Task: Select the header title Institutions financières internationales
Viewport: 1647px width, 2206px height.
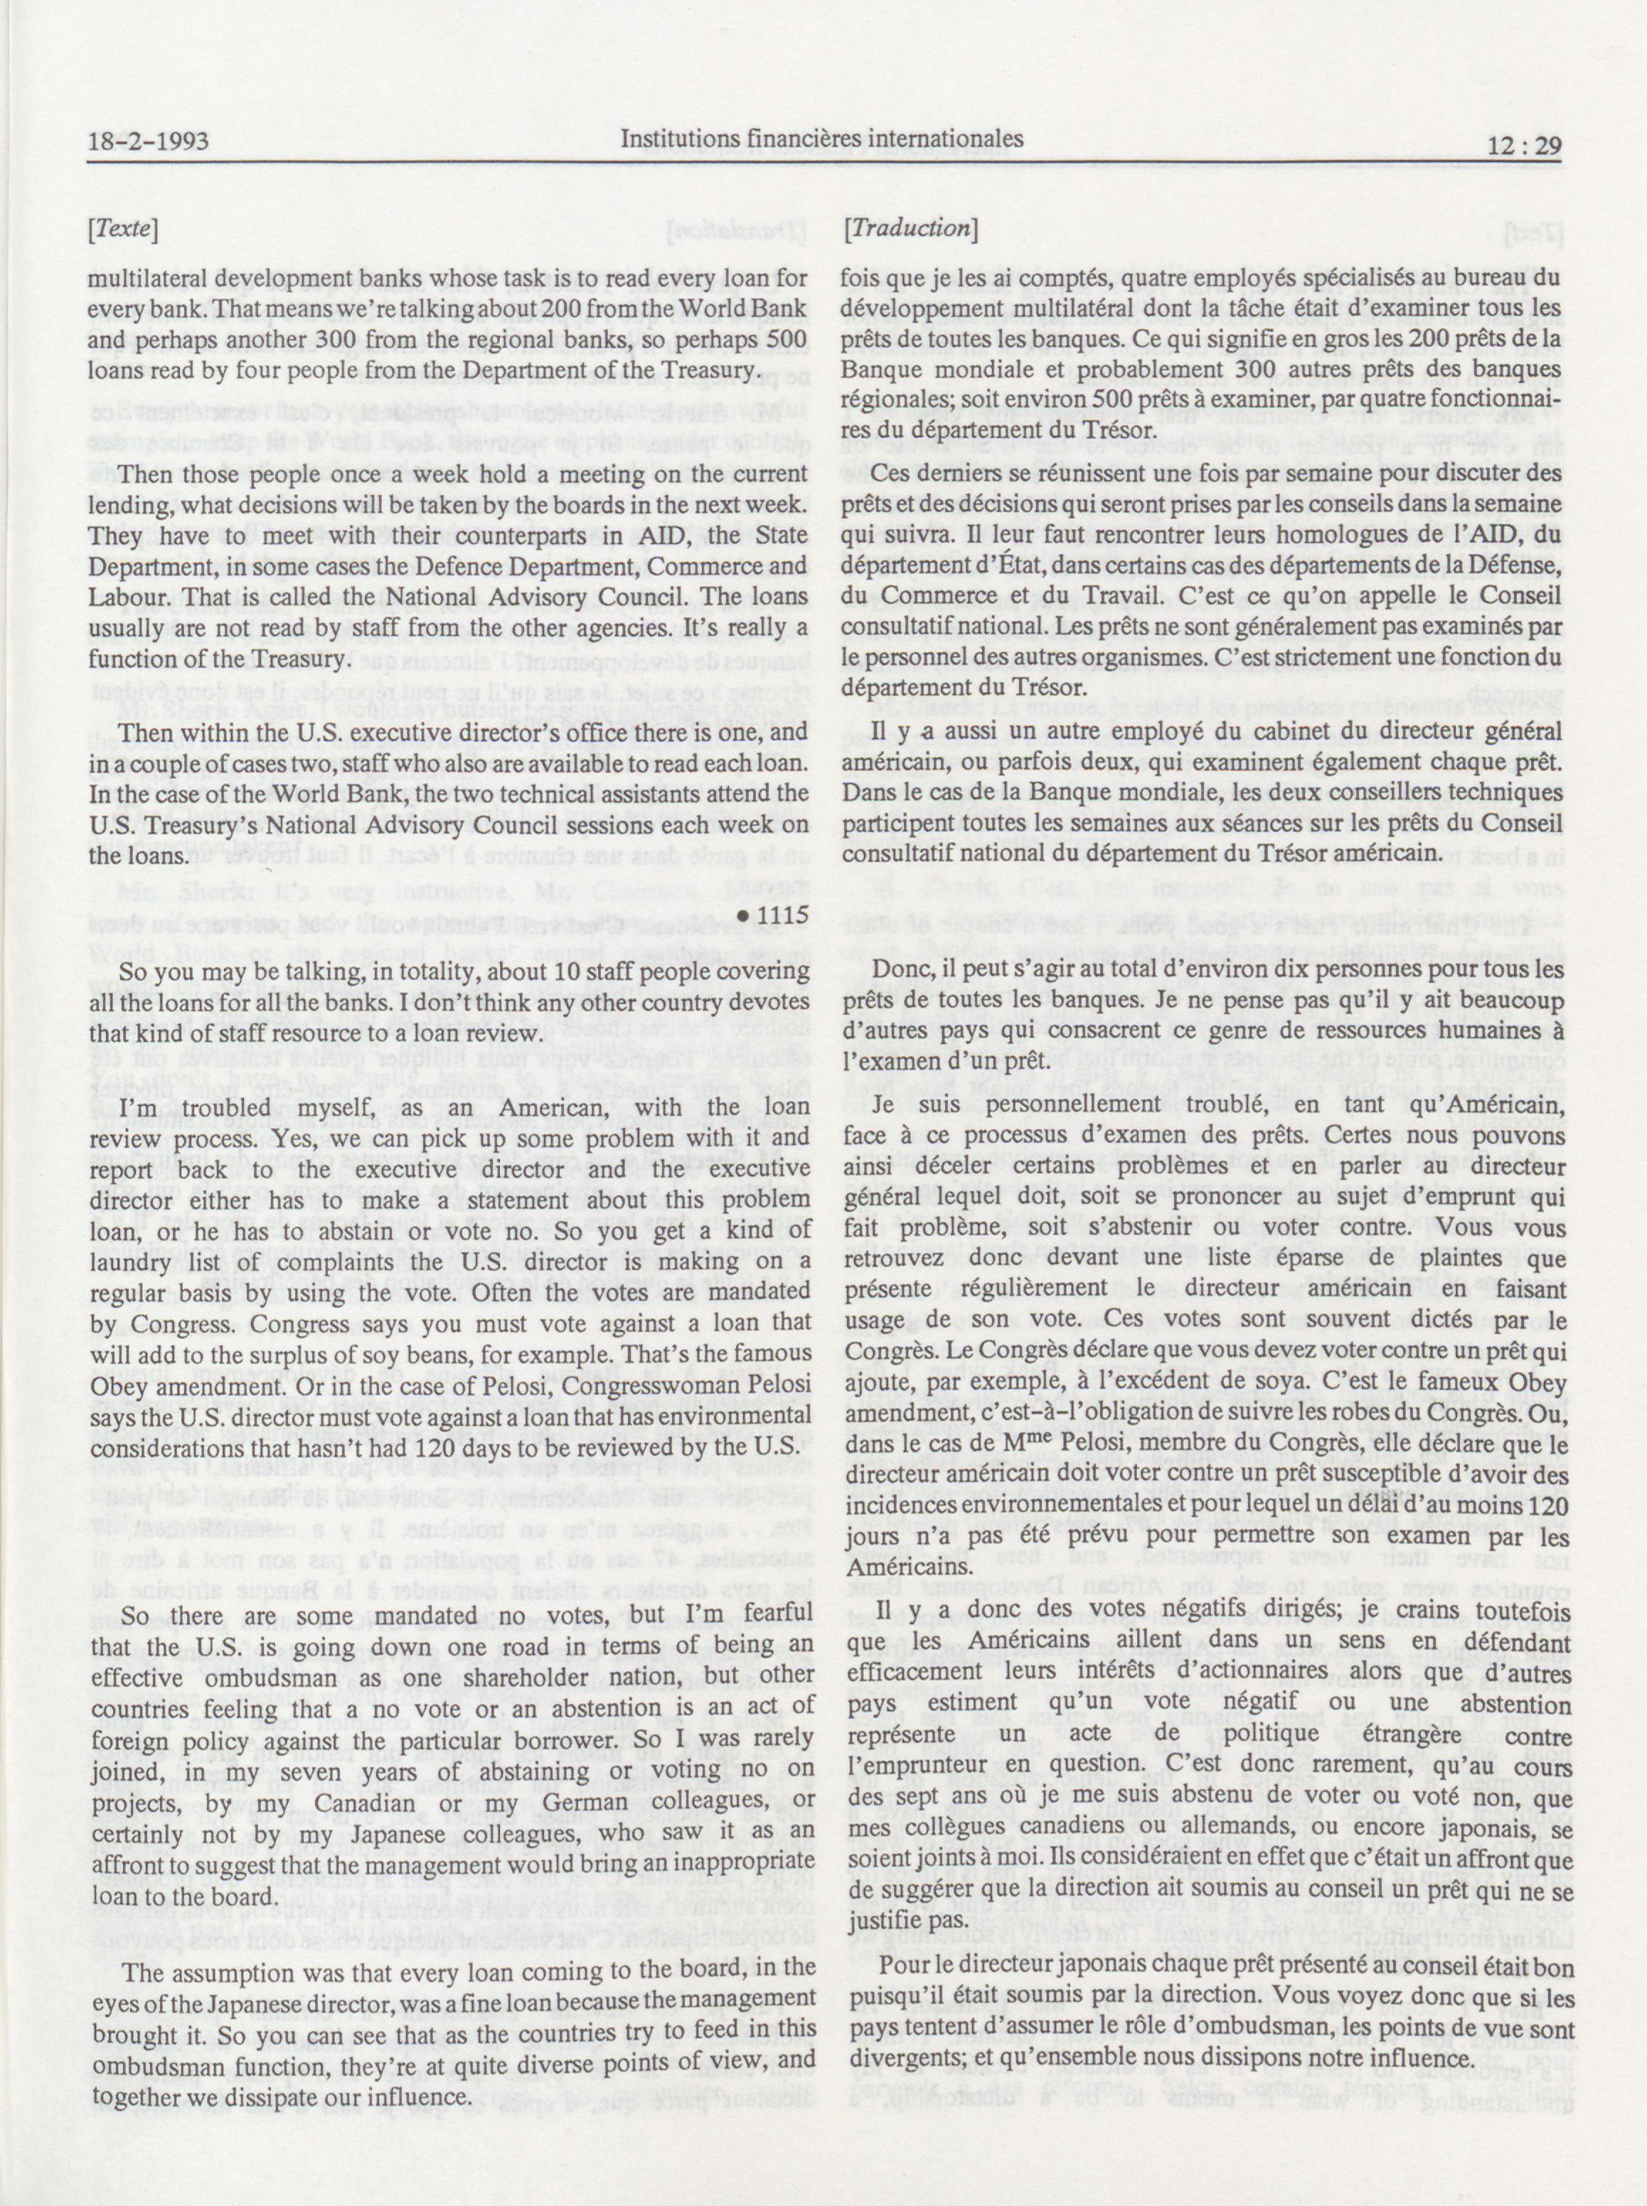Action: pyautogui.click(x=821, y=139)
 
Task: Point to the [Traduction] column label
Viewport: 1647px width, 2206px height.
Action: pyautogui.click(x=910, y=228)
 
